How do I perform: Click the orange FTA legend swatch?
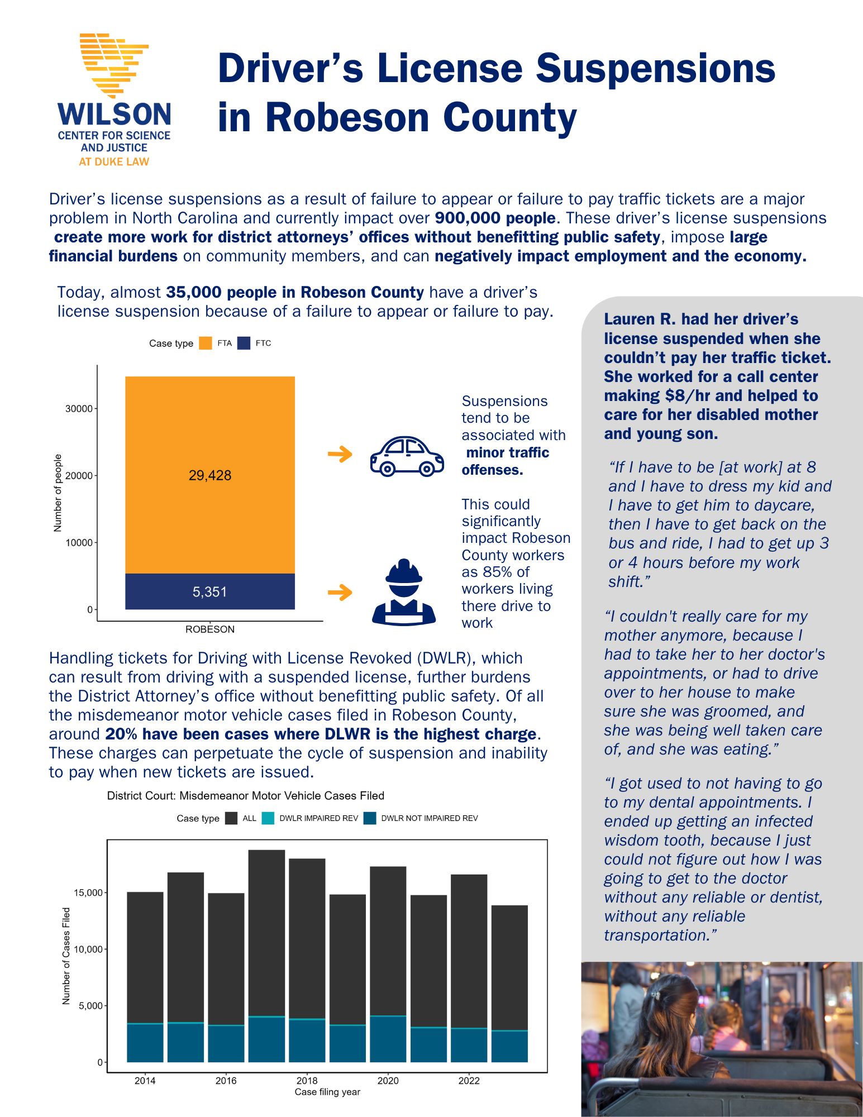tap(206, 343)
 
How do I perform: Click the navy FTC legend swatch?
tap(244, 343)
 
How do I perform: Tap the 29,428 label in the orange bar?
tap(210, 475)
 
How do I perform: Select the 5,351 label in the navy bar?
tap(210, 592)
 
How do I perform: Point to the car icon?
tap(407, 456)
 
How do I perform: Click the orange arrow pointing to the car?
tap(340, 454)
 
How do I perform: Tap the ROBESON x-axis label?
tap(210, 629)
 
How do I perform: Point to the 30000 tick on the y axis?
tap(79, 409)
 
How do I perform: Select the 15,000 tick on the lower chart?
tap(88, 893)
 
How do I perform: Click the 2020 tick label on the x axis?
tap(388, 1081)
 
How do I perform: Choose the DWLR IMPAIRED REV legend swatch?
tap(268, 818)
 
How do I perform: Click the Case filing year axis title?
tap(327, 1092)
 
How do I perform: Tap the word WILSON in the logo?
tap(115, 114)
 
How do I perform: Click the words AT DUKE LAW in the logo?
tap(114, 162)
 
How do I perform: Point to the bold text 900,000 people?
tap(495, 218)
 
